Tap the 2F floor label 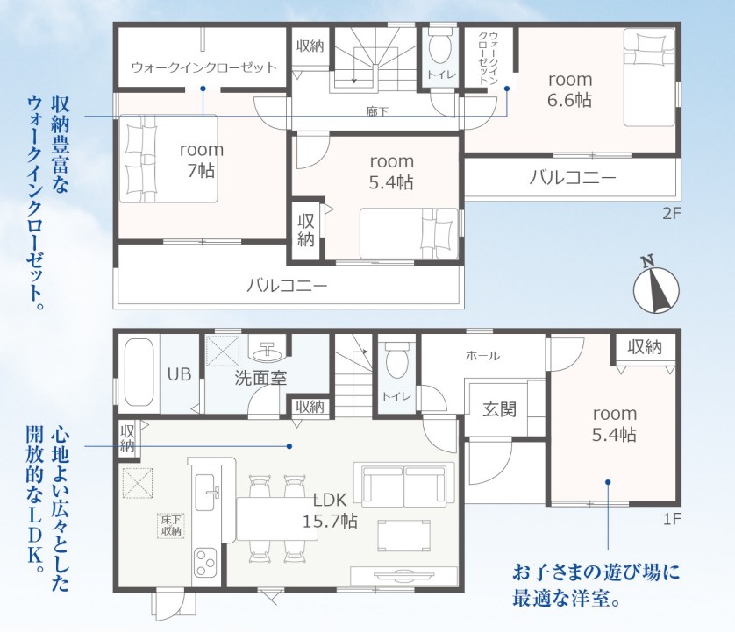pos(671,214)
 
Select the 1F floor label pos(671,519)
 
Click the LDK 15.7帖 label pos(330,510)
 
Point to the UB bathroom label pos(180,374)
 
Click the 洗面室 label pos(260,379)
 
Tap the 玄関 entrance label pos(500,409)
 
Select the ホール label pos(482,356)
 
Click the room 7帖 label pos(202,160)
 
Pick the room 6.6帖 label pos(570,89)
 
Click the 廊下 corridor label pos(377,112)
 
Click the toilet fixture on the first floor pos(396,359)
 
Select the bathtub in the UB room pos(139,373)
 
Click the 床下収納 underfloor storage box pos(171,526)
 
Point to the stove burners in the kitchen pos(206,562)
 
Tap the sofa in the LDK pos(404,485)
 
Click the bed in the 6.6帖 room pos(649,77)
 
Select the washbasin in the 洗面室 pos(266,349)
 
